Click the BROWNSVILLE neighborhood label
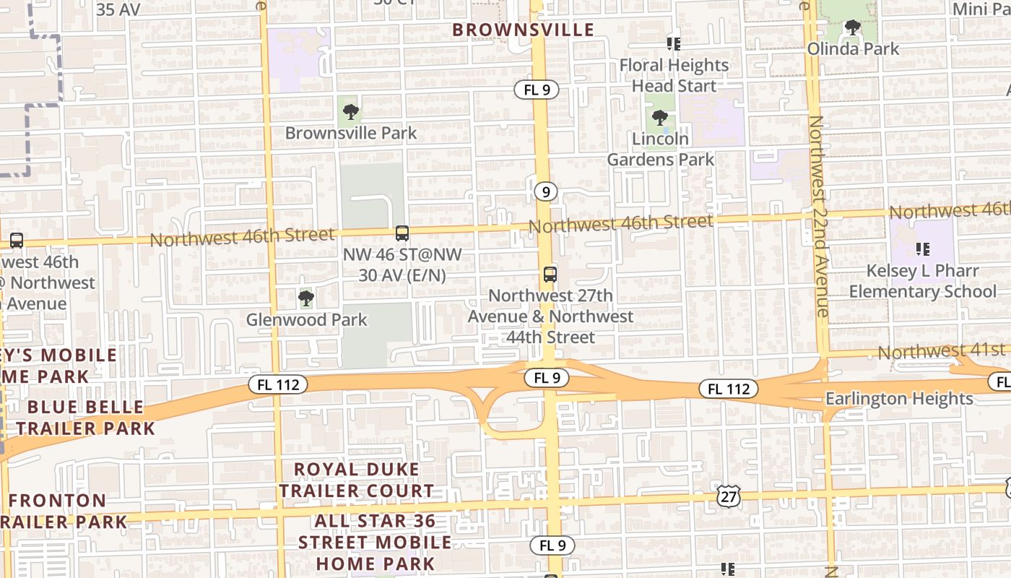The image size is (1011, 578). pyautogui.click(x=523, y=30)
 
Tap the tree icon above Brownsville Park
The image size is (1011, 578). pyautogui.click(x=351, y=112)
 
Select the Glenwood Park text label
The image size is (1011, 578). pyautogui.click(x=307, y=319)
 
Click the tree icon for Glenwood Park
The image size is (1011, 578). pyautogui.click(x=306, y=298)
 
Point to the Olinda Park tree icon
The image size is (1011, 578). pyautogui.click(x=853, y=28)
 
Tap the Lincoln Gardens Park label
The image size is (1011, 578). pyautogui.click(x=660, y=149)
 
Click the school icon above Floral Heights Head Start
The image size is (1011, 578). pyautogui.click(x=674, y=44)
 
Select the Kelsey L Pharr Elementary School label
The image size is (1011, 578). pyautogui.click(x=923, y=281)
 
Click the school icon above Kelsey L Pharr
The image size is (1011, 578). pyautogui.click(x=922, y=249)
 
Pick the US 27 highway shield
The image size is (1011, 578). pyautogui.click(x=729, y=496)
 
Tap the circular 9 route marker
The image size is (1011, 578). pyautogui.click(x=547, y=191)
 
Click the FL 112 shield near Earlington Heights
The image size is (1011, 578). pyautogui.click(x=729, y=389)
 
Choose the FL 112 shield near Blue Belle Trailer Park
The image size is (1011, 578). pyautogui.click(x=278, y=384)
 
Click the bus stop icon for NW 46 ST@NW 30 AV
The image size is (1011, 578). pyautogui.click(x=402, y=233)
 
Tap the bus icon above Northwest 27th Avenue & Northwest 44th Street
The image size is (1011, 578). pyautogui.click(x=550, y=275)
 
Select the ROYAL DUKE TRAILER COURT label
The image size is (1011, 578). pyautogui.click(x=357, y=480)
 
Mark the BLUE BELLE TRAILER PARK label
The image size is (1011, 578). pyautogui.click(x=86, y=417)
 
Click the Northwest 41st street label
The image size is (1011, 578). pyautogui.click(x=932, y=352)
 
